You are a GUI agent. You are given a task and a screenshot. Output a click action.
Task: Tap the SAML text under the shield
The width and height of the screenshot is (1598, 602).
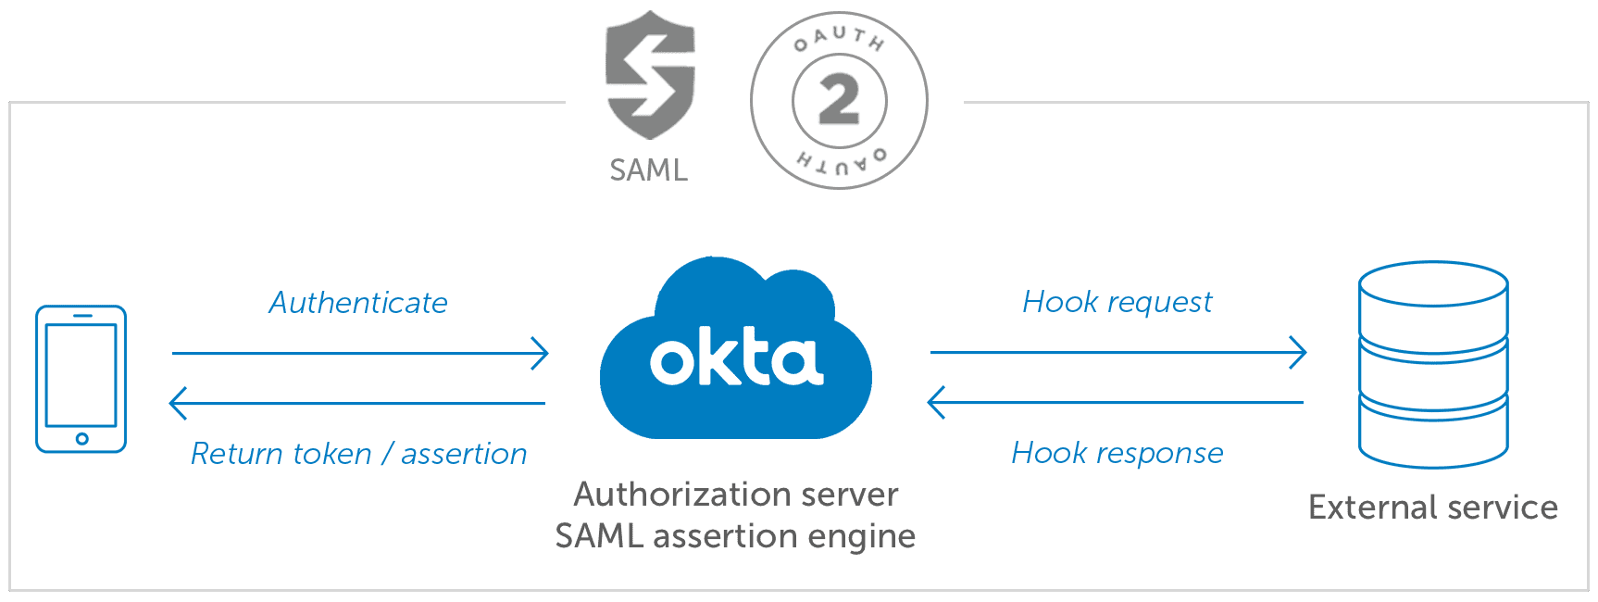649,170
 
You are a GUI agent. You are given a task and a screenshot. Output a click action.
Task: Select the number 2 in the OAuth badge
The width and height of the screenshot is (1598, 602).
839,101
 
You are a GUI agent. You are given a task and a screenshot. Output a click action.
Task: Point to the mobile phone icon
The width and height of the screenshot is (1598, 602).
81,379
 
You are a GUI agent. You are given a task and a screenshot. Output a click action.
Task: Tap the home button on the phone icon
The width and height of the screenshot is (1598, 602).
81,439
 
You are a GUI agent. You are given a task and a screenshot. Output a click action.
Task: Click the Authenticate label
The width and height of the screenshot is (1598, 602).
359,303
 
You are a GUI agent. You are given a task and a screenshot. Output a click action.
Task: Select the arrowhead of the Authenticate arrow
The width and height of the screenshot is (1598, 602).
542,353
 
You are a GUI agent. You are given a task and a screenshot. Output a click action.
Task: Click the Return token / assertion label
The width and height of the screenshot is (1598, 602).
358,454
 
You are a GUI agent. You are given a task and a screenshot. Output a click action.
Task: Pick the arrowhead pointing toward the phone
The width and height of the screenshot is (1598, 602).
177,404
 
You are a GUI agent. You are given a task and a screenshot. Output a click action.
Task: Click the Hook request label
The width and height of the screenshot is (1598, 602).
1117,302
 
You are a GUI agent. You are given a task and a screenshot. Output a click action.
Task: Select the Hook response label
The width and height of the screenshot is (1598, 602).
1117,453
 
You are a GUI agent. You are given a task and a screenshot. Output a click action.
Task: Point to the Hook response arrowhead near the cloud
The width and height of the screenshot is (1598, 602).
936,404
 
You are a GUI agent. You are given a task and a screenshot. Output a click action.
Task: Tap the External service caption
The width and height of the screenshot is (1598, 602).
1434,508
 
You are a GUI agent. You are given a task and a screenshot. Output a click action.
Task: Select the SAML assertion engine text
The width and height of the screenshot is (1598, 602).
737,535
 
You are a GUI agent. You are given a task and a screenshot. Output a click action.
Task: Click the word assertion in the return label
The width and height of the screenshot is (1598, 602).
464,454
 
